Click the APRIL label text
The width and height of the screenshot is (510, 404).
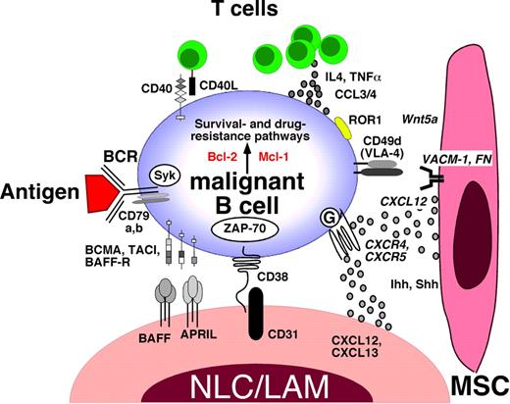pos(196,333)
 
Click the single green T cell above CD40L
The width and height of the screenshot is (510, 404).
pos(191,49)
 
